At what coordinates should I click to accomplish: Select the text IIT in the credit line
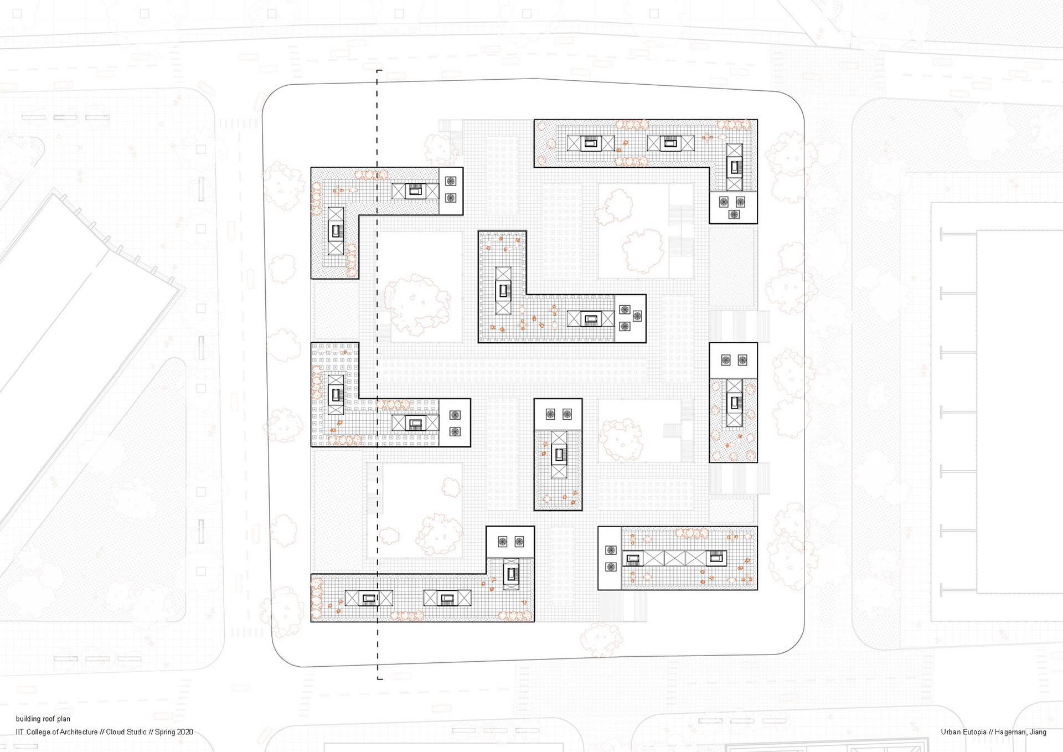pyautogui.click(x=20, y=732)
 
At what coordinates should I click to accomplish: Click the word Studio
pyautogui.click(x=136, y=732)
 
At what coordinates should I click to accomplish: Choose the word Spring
pyautogui.click(x=165, y=732)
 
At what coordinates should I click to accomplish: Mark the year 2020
pyautogui.click(x=184, y=732)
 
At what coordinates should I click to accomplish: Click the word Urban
pyautogui.click(x=951, y=732)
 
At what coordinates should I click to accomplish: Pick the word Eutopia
pyautogui.click(x=975, y=732)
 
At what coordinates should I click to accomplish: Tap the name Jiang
pyautogui.click(x=1038, y=732)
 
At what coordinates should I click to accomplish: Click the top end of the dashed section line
pyautogui.click(x=378, y=71)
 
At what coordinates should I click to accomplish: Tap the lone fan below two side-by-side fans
pyautogui.click(x=734, y=214)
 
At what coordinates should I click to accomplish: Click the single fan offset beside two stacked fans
pyautogui.click(x=637, y=316)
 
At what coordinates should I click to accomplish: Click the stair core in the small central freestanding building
pyautogui.click(x=559, y=455)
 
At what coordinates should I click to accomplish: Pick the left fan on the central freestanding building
pyautogui.click(x=550, y=414)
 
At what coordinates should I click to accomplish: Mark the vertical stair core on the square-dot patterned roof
pyautogui.click(x=336, y=394)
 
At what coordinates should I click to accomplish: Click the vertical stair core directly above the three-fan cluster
pyautogui.click(x=735, y=167)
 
